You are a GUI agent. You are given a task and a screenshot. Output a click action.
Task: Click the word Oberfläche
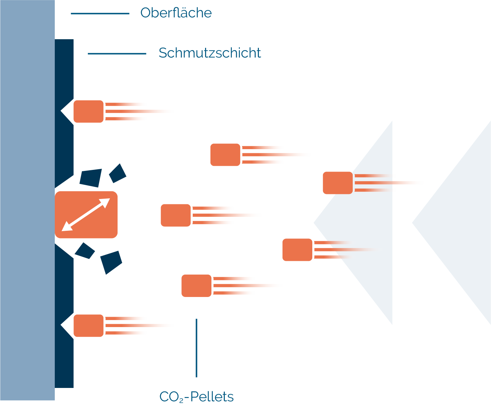coord(176,13)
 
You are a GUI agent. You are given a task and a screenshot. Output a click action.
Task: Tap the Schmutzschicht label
coord(209,53)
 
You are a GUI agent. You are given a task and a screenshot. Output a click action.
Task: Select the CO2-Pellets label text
coord(196,397)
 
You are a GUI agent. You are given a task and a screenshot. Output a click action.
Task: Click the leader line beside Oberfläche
coord(100,13)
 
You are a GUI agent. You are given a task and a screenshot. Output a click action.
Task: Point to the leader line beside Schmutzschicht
coord(117,54)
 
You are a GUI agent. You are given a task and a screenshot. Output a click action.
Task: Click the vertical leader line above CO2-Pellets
coord(196,348)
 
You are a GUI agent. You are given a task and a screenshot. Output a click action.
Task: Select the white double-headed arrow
coord(86,215)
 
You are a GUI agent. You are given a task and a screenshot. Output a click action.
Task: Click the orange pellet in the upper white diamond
coord(89,111)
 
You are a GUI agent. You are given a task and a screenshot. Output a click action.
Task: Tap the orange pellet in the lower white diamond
coord(89,325)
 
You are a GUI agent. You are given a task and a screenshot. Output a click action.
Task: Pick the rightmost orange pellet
coord(337,183)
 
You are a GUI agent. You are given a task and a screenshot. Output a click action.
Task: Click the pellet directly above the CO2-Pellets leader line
coord(196,286)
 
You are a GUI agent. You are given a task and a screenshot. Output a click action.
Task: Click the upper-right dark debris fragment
coord(118,173)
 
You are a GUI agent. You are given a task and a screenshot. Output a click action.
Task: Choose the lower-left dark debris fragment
coord(85,250)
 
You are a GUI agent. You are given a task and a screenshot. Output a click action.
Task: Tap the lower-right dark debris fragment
coord(111,262)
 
